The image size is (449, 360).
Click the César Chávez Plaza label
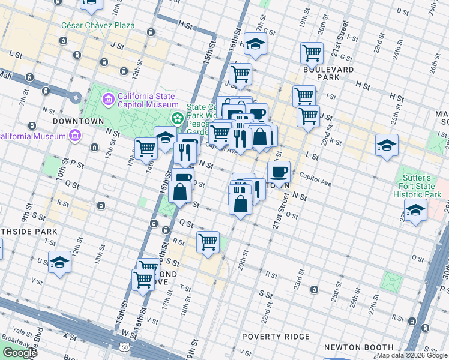(98, 26)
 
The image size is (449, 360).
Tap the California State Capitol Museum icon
(109, 98)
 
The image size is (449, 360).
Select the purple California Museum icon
(75, 136)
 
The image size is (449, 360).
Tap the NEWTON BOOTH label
(349, 347)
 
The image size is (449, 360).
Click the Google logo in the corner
(20, 353)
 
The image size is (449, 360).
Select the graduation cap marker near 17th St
(255, 44)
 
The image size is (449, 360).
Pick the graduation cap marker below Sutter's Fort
(415, 211)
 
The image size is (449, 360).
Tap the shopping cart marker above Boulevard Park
(312, 53)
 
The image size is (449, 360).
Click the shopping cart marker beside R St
(208, 242)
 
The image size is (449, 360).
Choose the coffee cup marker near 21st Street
(279, 172)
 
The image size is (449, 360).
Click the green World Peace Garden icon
(177, 118)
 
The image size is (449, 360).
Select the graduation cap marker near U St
(59, 262)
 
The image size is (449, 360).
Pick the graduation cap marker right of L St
(387, 145)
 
